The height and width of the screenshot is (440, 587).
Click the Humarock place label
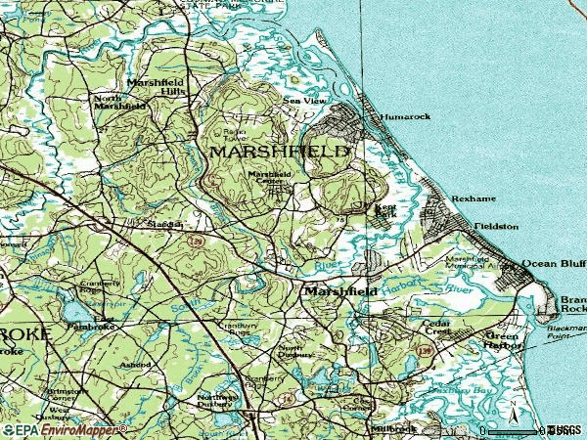(x=405, y=116)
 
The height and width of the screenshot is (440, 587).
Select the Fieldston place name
(x=496, y=226)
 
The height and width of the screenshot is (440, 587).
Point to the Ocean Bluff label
(x=553, y=263)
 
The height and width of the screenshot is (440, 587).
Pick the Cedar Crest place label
(x=435, y=328)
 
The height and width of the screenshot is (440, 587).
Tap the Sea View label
(x=301, y=101)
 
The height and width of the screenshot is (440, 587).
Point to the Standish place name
(x=164, y=224)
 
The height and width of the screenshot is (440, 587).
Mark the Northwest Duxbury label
(x=217, y=401)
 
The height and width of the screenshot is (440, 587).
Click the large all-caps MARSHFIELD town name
(x=278, y=153)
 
